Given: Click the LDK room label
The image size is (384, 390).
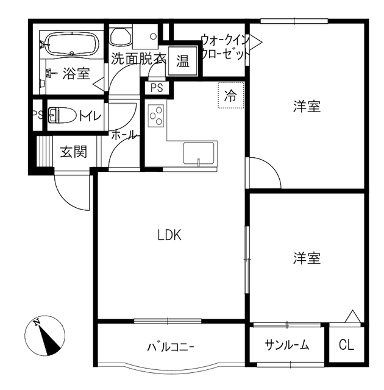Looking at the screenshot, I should coord(170,235).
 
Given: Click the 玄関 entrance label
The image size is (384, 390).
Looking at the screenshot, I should coord(73,151).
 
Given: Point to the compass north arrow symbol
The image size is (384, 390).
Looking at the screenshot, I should coord(45,337).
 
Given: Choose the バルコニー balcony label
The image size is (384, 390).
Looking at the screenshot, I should coord(170,347).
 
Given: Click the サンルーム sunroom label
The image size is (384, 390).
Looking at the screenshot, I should coord(286,346).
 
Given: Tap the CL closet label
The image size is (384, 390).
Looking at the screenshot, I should coord(346,346).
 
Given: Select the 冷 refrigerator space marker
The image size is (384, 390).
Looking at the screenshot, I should coord(230,95).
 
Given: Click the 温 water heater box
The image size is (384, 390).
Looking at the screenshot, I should coord(182,61).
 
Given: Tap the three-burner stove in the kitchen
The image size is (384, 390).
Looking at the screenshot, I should coord(157,115).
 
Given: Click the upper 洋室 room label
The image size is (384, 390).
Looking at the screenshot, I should coord(307,107).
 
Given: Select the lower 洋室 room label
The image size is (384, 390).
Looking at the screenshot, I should coord(307,258).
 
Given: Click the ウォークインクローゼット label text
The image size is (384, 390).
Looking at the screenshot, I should coord(225,47).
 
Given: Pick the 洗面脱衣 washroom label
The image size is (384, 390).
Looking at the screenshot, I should coord(138,60).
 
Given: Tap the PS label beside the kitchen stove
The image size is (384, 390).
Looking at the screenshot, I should coord(157,88).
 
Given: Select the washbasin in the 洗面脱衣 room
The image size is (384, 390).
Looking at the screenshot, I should coord(121,36).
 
